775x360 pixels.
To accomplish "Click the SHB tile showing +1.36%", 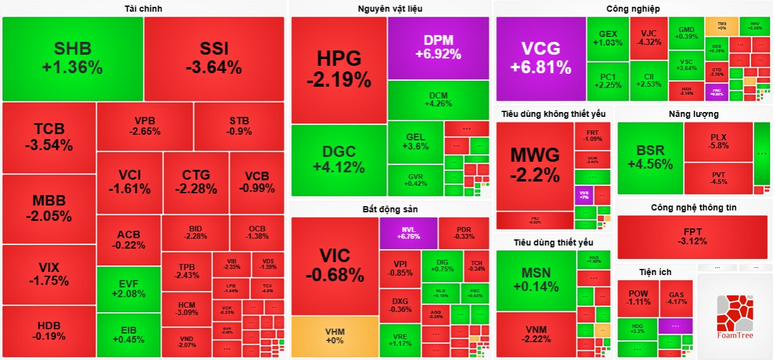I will [73, 58].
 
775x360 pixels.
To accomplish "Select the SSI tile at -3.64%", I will [214, 58].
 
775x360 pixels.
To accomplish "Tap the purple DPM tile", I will [438, 47].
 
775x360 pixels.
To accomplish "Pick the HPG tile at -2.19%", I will [339, 69].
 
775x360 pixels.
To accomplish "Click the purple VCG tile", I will [540, 58].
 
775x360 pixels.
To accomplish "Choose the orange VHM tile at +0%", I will [334, 336].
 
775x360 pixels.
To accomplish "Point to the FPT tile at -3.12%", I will [693, 236].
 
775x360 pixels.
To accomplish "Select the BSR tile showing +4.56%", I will [650, 158].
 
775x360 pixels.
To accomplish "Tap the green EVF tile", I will [129, 289].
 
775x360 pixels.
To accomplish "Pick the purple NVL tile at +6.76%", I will [408, 233].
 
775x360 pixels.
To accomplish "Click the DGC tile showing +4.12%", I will [339, 159].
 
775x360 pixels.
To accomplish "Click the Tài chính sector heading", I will [143, 9].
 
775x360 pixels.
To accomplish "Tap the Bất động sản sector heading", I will [390, 209].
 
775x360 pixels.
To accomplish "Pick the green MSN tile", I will [534, 280].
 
